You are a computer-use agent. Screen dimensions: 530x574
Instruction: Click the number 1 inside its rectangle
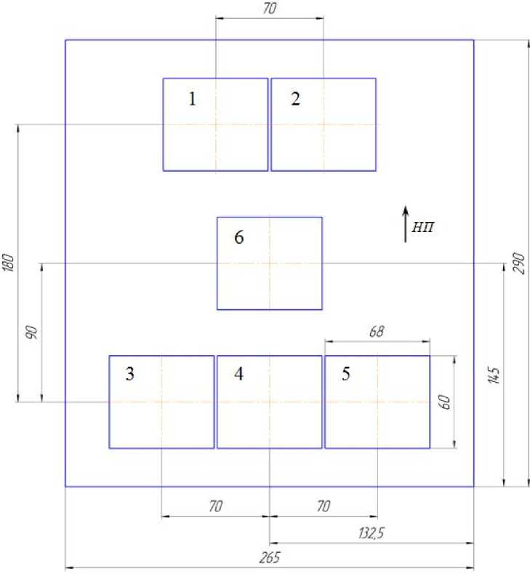193,99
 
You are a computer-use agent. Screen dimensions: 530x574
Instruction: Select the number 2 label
296,99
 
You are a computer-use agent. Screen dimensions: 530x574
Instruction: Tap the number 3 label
130,374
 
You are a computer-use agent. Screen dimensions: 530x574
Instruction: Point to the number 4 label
239,374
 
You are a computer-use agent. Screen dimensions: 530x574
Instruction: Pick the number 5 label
346,374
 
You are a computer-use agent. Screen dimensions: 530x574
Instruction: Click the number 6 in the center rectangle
239,237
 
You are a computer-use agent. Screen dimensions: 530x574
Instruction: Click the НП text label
423,227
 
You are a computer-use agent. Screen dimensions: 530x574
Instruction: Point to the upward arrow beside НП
405,224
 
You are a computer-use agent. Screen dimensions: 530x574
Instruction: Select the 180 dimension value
9,262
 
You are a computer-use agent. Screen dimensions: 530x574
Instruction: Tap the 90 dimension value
32,332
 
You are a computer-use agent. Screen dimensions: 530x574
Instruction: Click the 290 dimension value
519,263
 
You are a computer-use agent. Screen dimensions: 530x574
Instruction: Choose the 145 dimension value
494,375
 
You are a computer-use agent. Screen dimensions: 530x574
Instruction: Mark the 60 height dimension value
444,402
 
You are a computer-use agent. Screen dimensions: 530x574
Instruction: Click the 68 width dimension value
377,331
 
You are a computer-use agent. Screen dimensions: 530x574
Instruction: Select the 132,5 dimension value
372,533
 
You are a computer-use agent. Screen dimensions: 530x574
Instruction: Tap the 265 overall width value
270,557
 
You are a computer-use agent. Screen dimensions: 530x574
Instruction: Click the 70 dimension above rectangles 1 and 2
270,9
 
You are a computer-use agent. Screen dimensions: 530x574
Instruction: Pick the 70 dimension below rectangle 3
215,506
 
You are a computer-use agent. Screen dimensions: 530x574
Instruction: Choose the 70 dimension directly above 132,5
324,506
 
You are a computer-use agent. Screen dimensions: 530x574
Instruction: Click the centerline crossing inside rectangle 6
270,263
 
